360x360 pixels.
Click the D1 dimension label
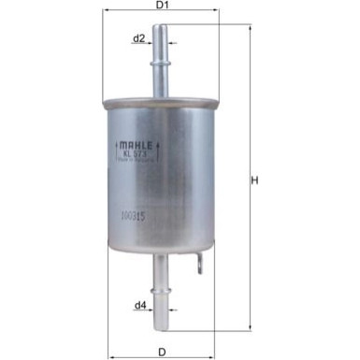click(x=162, y=6)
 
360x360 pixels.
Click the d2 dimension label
click(x=138, y=38)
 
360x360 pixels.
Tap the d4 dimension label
click(x=139, y=304)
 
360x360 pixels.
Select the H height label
click(x=253, y=181)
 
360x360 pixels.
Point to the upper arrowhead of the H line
click(x=252, y=29)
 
